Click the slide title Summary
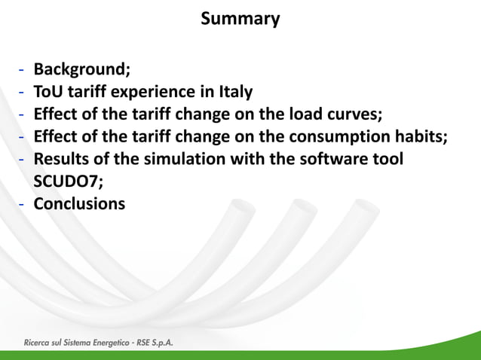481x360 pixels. [x=240, y=19]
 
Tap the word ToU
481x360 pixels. [x=50, y=93]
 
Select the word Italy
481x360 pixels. [x=233, y=93]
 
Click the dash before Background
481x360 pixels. [x=23, y=71]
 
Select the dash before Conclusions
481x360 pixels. [x=23, y=204]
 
